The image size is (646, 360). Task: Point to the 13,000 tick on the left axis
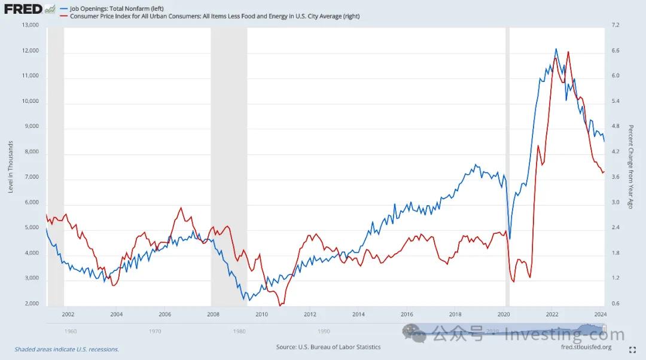pos(30,25)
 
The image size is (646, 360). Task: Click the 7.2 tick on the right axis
pos(615,25)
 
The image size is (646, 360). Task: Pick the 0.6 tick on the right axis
pos(615,304)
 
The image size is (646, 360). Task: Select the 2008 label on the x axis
pos(213,314)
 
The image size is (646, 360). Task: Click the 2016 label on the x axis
pos(407,314)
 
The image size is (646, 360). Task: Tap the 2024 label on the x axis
pos(601,314)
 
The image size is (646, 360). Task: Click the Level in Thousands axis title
pos(11,167)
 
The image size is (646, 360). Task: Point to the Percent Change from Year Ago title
pos(630,167)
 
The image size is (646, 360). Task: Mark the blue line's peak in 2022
pos(556,49)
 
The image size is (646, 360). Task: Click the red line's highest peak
pos(568,52)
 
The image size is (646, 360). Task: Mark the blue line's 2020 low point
pos(510,239)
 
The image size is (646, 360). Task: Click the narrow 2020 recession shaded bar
pos(508,167)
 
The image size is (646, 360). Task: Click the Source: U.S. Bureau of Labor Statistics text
pos(328,347)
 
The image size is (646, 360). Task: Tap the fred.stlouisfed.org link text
pos(586,347)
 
